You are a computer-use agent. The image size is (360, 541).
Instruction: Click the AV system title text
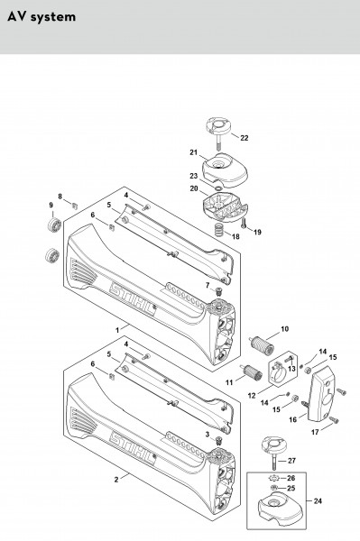pyautogui.click(x=42, y=17)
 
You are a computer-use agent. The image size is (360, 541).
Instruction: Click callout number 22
pyautogui.click(x=244, y=138)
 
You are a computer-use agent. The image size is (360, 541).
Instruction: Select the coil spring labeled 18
pyautogui.click(x=218, y=230)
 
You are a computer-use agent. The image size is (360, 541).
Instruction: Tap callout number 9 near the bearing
pyautogui.click(x=51, y=206)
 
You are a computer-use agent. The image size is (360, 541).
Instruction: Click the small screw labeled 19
pyautogui.click(x=245, y=223)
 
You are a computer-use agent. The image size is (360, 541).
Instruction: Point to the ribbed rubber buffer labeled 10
pyautogui.click(x=263, y=345)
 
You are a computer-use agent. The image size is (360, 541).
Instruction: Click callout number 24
pyautogui.click(x=318, y=500)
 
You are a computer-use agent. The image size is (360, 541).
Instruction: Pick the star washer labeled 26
pyautogui.click(x=273, y=478)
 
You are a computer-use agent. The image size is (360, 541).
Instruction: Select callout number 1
pyautogui.click(x=117, y=330)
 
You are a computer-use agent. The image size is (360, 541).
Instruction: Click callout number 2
pyautogui.click(x=116, y=480)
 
